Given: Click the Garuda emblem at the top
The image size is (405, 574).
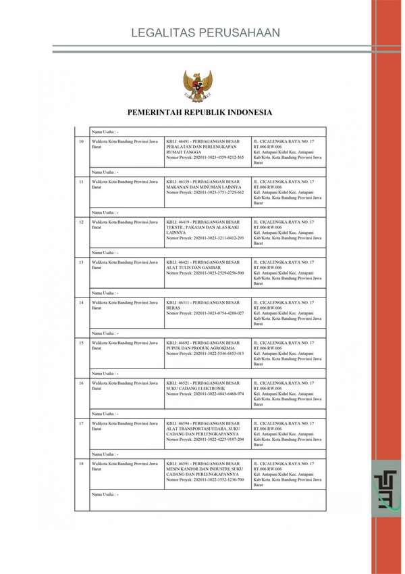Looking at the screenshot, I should (197, 87).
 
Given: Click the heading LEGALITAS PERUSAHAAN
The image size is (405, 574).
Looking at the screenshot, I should (205, 33).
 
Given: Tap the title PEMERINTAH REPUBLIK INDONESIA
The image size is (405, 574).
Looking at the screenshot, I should (200, 112).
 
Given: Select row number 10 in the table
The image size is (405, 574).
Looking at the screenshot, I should (82, 141).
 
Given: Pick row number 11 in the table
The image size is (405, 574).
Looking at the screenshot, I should (82, 181).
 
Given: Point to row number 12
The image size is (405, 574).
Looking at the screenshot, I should (82, 222).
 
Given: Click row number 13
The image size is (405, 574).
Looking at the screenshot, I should (82, 262).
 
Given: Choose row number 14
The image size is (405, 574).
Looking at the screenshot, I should (82, 302).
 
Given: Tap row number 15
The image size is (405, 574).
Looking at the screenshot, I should (82, 343).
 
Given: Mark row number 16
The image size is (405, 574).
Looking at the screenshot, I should (82, 383).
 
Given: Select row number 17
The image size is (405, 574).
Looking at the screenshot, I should (82, 423).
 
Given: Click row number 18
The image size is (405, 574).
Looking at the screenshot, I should (82, 464).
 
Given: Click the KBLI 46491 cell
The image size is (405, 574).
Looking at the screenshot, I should (206, 149).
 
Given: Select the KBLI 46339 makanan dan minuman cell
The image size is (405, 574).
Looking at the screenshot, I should (206, 187).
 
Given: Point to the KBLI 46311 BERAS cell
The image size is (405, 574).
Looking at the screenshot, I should (206, 308).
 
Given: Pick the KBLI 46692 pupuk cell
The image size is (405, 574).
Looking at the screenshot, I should (206, 348).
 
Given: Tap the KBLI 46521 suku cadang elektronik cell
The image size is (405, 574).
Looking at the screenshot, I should (206, 389).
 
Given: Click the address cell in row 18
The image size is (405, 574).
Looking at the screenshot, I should (287, 475).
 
